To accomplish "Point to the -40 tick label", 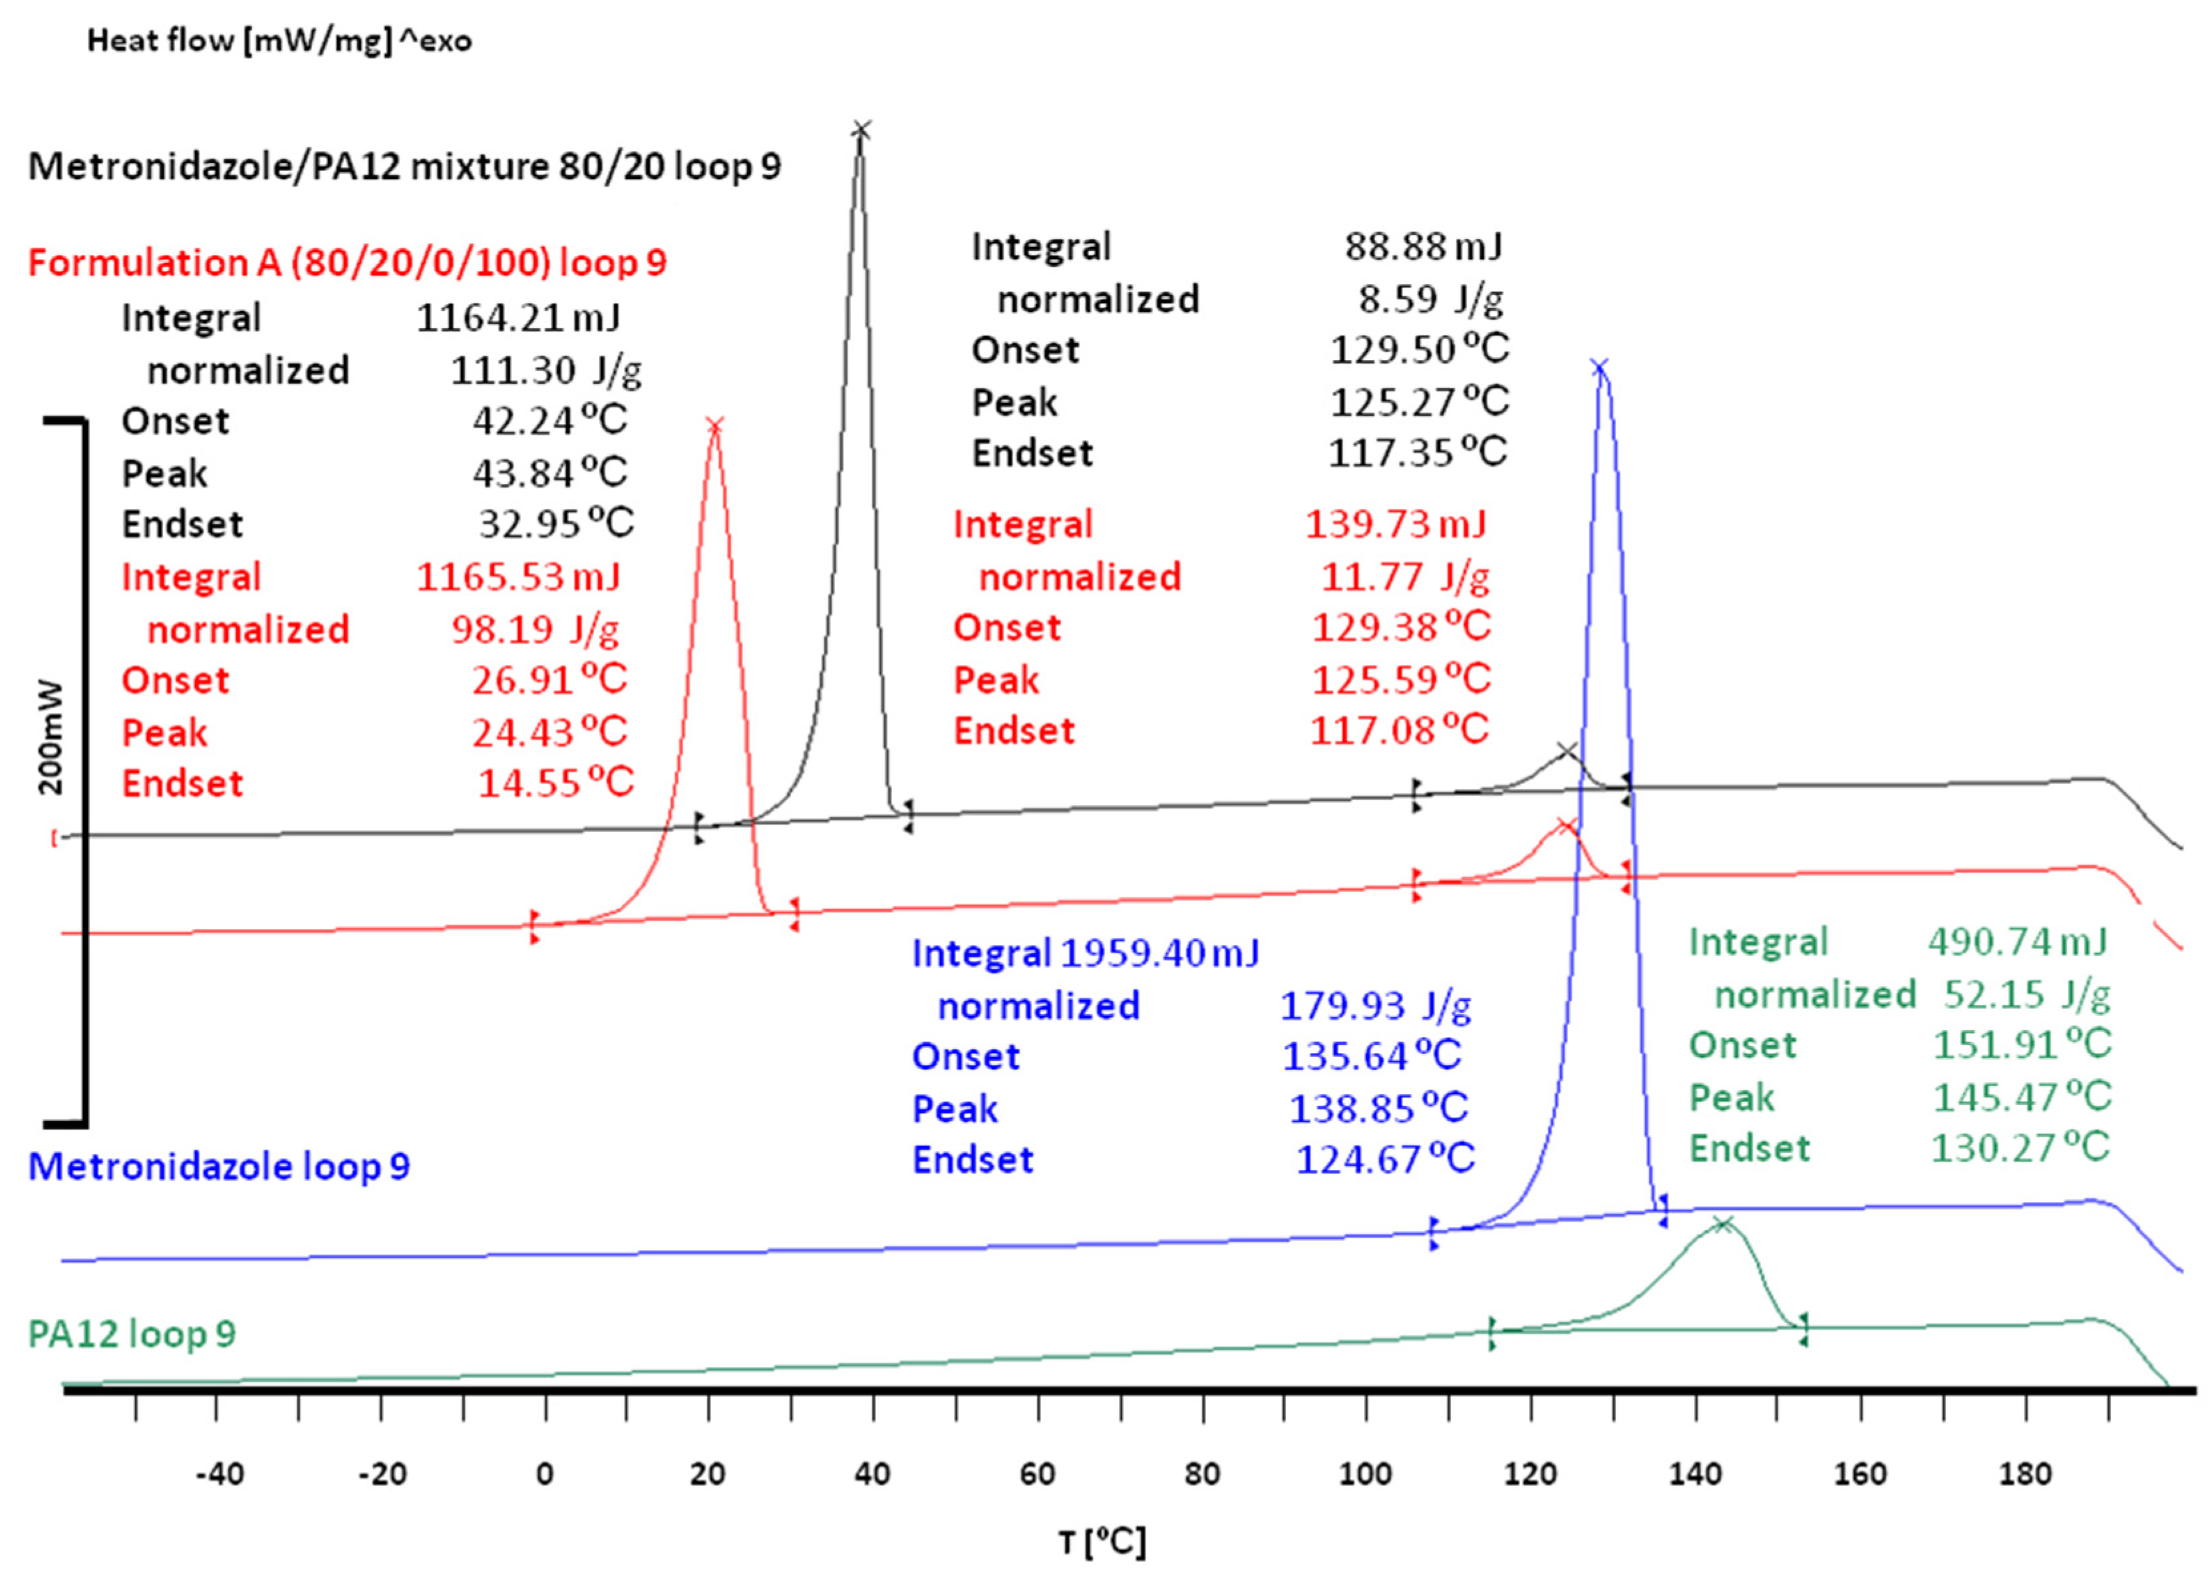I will tap(220, 1474).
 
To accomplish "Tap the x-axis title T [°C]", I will tap(1102, 1540).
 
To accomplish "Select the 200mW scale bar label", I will tap(51, 737).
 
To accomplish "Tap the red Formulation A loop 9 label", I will tap(347, 263).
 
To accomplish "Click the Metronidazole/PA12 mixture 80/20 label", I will tap(404, 166).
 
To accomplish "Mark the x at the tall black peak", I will tap(862, 130).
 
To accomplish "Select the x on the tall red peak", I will tap(715, 425).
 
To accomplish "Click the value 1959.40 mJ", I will tap(1160, 953).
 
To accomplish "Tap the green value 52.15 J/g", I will tap(2026, 994).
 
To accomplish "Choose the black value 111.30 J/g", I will tap(546, 369).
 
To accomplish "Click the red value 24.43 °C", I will tap(550, 731).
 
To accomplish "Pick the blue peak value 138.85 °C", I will tap(1378, 1108).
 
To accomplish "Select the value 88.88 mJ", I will tap(1423, 246).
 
